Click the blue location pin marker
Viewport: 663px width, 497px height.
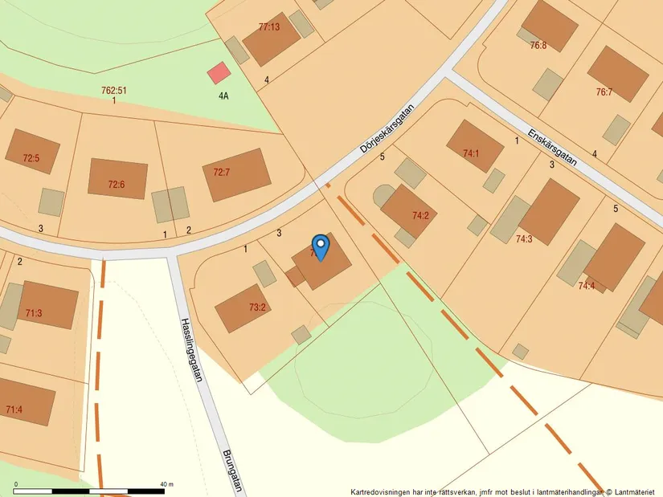(320, 246)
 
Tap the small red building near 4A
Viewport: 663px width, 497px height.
(219, 74)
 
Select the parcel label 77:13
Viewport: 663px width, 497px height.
(269, 26)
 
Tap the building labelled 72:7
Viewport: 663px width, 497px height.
(235, 174)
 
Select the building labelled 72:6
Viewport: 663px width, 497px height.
(117, 179)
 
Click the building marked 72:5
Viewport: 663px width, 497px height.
(32, 152)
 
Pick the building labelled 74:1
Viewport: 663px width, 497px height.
(474, 146)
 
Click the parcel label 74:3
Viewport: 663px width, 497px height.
(524, 238)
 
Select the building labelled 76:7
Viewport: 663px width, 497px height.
(617, 74)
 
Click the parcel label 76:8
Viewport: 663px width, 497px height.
(538, 45)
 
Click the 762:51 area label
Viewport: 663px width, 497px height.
(114, 91)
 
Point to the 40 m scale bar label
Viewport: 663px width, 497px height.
(167, 484)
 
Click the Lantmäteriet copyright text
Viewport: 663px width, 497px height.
(633, 491)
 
